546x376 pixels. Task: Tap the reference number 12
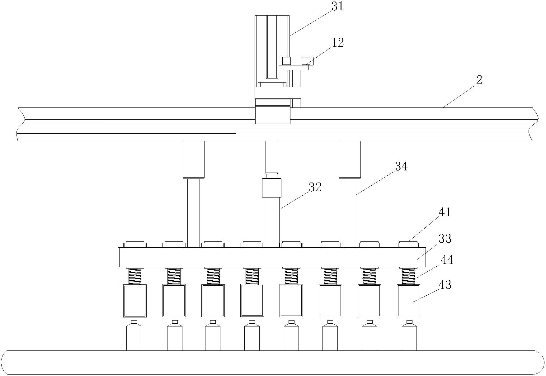[337, 43]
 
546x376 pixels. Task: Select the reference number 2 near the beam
[479, 80]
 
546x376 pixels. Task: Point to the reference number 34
[401, 167]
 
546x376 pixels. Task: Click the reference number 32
[315, 187]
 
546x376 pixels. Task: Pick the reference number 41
[444, 212]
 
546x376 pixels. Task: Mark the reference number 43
[445, 284]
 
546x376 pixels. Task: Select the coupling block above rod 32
[271, 188]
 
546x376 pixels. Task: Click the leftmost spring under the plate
[135, 276]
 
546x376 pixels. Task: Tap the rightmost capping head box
[409, 301]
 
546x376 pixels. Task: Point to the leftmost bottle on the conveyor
[134, 336]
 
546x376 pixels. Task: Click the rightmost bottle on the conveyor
[409, 336]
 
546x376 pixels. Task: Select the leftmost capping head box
[135, 301]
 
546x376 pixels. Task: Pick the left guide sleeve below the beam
[193, 159]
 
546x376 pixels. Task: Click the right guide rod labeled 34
[350, 212]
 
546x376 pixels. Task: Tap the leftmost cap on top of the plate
[135, 244]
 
